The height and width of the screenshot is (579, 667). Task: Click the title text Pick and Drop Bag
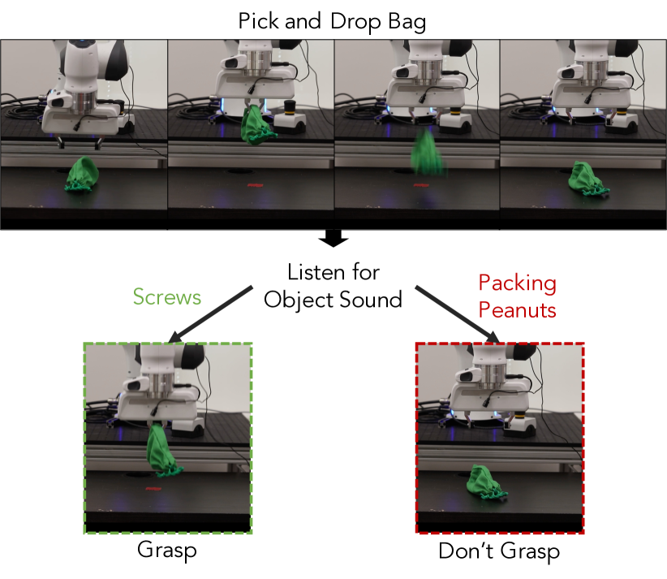(332, 21)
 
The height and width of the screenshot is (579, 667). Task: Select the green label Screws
(167, 296)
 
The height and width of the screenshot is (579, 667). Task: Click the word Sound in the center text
(371, 300)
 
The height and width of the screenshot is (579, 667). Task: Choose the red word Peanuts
(517, 309)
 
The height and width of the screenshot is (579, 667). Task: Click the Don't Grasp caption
(499, 551)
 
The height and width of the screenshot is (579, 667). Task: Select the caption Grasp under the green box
(167, 550)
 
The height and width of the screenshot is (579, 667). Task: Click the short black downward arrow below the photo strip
(333, 239)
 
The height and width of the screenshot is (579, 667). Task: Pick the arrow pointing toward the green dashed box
(211, 314)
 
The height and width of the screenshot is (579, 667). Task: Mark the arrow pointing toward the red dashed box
(458, 314)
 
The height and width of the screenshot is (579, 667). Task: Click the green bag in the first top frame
(82, 174)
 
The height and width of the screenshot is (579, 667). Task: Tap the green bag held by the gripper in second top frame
(256, 125)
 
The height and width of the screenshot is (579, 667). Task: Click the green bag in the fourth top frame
(587, 179)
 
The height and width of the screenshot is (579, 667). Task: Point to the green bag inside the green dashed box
(162, 451)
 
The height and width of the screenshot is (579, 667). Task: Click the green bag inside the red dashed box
(486, 482)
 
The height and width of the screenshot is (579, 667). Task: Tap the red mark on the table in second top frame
(256, 185)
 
